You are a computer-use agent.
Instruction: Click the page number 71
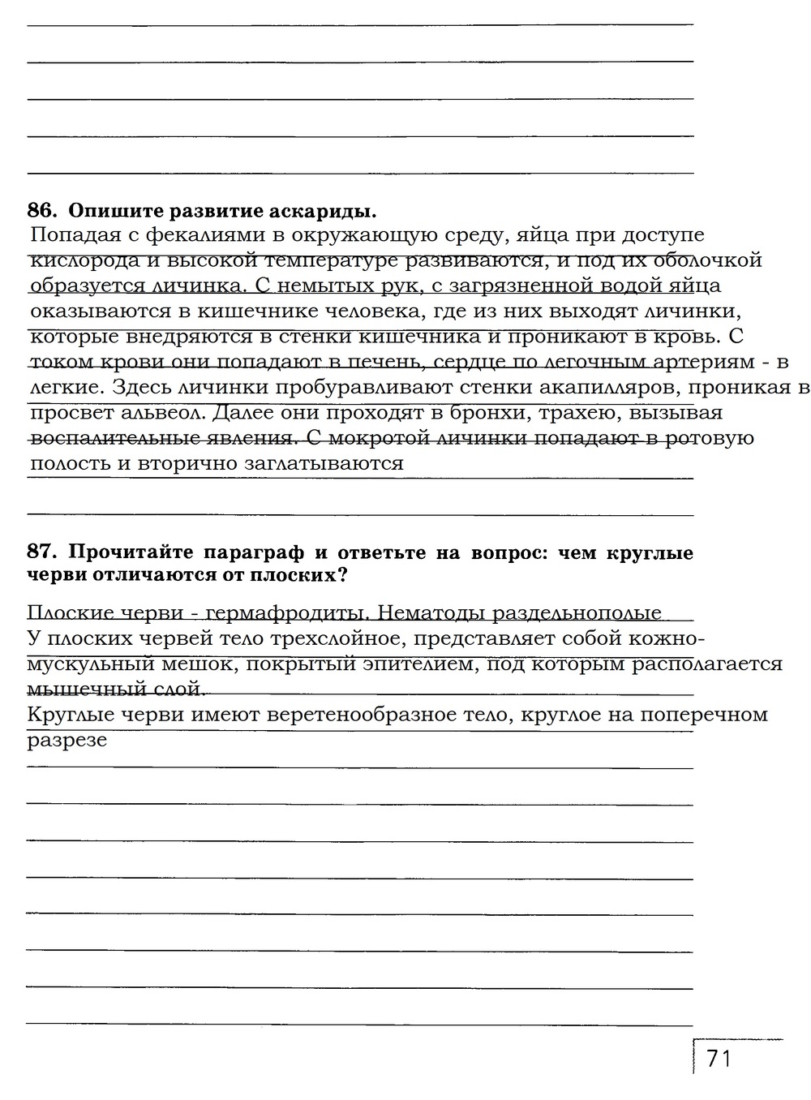[719, 1059]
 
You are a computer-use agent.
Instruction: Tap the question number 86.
[42, 212]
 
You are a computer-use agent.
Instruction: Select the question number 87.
[42, 553]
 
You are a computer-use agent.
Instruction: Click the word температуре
[331, 261]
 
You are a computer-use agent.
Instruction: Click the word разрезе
[67, 740]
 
